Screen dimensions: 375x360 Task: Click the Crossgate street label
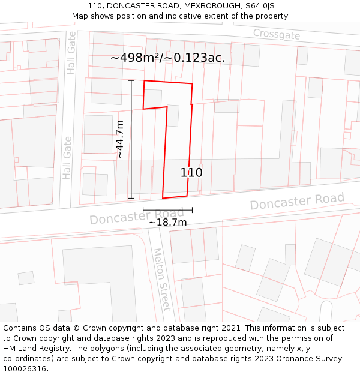pyautogui.click(x=276, y=34)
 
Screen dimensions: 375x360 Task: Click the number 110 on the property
pyautogui.click(x=191, y=173)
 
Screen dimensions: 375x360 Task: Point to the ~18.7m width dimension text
pyautogui.click(x=167, y=223)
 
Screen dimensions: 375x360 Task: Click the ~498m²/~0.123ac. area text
pyautogui.click(x=168, y=58)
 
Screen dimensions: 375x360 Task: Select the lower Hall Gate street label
pyautogui.click(x=67, y=158)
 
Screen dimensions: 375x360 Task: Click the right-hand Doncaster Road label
pyautogui.click(x=297, y=201)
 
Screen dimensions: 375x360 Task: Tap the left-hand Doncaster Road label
pyautogui.click(x=137, y=216)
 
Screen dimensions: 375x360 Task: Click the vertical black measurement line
pyautogui.click(x=131, y=139)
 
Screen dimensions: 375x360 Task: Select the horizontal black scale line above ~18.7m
pyautogui.click(x=167, y=210)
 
